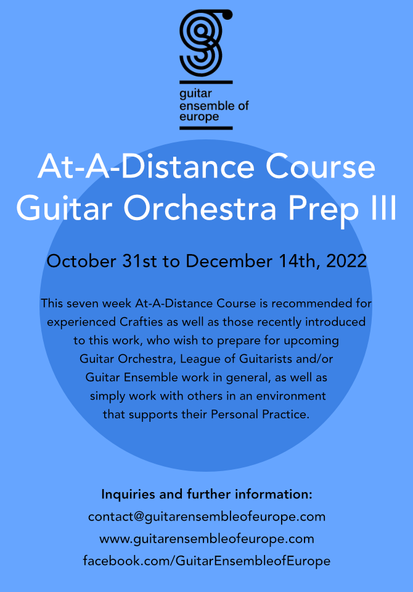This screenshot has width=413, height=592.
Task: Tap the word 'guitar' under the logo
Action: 195,94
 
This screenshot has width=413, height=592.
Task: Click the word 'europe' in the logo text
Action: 199,117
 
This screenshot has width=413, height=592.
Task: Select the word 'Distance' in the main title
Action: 187,167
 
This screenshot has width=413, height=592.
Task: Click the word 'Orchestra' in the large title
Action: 200,208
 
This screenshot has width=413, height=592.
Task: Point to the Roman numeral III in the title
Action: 382,208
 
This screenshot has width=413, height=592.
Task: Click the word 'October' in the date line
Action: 81,261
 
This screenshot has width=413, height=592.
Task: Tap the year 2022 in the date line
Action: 346,261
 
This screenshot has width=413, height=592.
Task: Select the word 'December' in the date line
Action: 229,261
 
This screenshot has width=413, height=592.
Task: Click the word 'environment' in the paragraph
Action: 291,396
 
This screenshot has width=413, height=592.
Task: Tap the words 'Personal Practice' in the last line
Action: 260,414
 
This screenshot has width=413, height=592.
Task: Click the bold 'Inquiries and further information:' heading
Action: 207,494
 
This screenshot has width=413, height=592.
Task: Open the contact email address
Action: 207,517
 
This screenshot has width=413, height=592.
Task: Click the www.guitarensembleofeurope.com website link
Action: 207,539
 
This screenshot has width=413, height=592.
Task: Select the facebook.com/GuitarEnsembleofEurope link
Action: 207,561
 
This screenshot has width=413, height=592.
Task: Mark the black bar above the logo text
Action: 206,82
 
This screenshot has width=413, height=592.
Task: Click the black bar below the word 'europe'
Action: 206,128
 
